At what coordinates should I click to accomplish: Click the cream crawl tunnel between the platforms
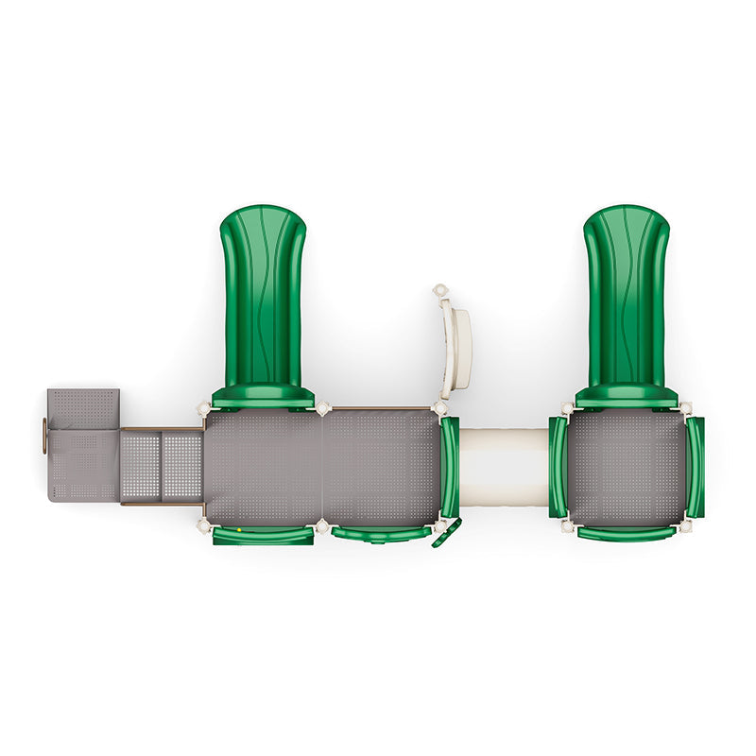tap(504, 467)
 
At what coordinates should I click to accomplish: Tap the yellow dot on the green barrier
tap(240, 531)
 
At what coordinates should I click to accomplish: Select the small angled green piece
tap(446, 534)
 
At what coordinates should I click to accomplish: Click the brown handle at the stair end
tap(43, 436)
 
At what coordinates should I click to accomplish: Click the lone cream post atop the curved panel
tap(439, 290)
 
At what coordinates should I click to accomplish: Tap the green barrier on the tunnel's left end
tap(450, 467)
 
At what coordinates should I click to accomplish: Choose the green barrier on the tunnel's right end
tap(558, 467)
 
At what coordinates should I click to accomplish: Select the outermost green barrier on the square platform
tap(696, 467)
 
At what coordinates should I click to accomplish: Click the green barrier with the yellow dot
tap(263, 536)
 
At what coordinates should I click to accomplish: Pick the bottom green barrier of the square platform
tap(627, 534)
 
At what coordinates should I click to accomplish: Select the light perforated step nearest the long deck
tap(182, 466)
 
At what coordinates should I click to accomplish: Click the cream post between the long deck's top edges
tap(323, 408)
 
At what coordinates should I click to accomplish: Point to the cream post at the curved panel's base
tap(439, 408)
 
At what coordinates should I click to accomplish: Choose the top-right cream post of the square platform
tap(685, 408)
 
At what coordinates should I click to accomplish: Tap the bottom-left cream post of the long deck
tap(203, 525)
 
